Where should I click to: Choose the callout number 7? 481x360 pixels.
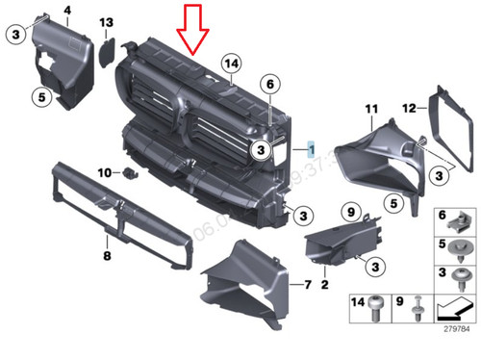tap(307, 286)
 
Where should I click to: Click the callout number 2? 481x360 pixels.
tap(324, 286)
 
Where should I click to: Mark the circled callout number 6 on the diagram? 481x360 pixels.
tap(270, 86)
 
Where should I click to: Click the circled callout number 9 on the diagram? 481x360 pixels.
tap(351, 212)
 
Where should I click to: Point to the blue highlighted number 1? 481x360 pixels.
tap(311, 149)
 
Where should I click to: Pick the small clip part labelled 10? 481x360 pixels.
tap(128, 173)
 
